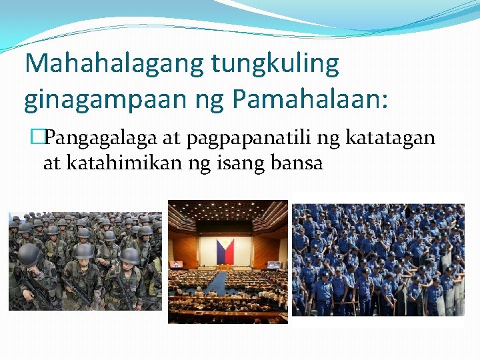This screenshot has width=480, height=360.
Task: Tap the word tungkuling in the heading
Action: [x=275, y=64]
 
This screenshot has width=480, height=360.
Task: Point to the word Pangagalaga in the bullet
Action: [x=103, y=139]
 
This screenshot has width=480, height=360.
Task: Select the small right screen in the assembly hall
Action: [x=273, y=264]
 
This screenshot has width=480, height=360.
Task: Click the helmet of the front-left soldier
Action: [x=29, y=253]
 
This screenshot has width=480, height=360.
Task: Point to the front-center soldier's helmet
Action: [x=84, y=251]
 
